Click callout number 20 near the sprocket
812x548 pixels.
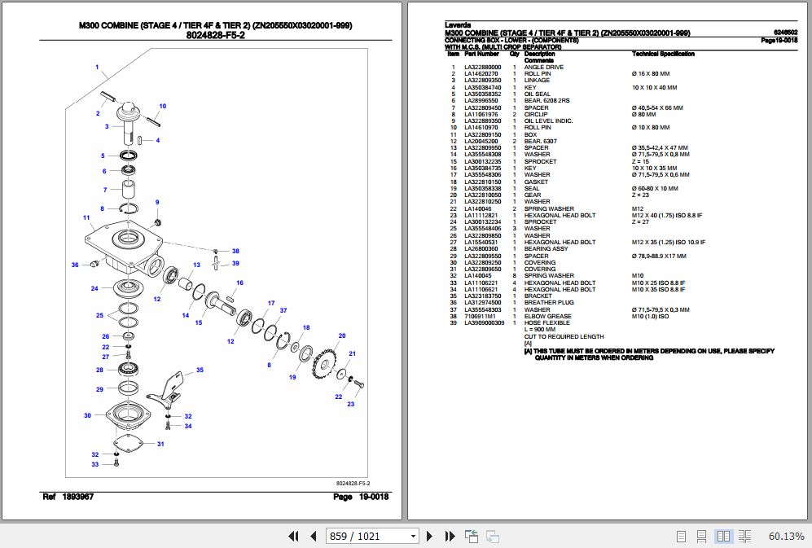pos(342,335)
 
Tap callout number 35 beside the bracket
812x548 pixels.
pos(200,370)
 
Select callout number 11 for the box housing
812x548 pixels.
pos(86,217)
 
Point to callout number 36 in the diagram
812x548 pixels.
pos(74,265)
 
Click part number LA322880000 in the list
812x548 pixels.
pos(483,67)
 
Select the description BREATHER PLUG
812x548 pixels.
pos(549,303)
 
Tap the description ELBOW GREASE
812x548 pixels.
pos(547,316)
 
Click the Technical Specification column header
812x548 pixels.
pos(663,54)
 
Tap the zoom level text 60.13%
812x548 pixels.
pos(786,536)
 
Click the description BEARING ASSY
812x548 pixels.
pos(547,249)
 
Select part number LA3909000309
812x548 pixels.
pos(485,323)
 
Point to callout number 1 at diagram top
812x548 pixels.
pos(96,67)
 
